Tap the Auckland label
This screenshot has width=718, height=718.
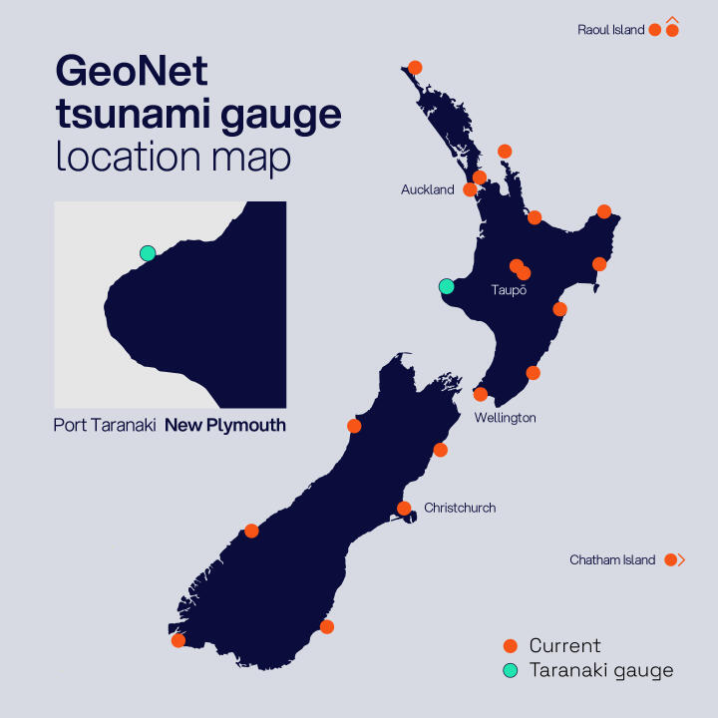427,189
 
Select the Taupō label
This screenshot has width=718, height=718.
509,290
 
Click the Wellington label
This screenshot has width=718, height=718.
505,418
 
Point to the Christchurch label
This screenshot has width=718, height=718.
460,508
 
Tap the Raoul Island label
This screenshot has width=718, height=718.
610,30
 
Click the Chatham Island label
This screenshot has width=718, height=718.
612,560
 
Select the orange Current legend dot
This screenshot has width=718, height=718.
511,646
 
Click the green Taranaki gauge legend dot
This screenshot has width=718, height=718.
511,670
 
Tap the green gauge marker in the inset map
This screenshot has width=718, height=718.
148,253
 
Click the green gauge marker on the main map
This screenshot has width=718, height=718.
446,287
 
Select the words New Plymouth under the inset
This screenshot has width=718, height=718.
225,426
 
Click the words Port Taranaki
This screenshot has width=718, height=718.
105,426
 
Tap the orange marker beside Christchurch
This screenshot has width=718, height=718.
404,508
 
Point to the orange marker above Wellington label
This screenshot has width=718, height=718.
480,394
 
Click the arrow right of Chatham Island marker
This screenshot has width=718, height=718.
682,560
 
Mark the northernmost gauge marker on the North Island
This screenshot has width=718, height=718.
415,68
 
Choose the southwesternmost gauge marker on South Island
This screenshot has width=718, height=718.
179,640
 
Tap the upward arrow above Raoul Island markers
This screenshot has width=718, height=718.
673,19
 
